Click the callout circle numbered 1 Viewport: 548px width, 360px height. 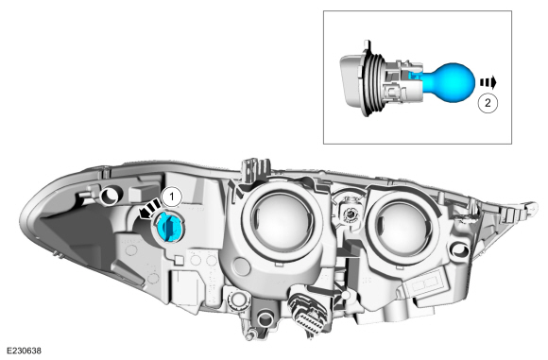(x=171, y=197)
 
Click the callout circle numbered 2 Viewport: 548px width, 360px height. (x=488, y=103)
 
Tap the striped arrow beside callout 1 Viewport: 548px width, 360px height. (x=149, y=209)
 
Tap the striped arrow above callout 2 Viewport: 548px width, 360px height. (x=488, y=83)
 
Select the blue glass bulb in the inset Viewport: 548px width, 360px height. (x=450, y=83)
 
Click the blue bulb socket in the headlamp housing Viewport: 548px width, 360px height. (x=168, y=226)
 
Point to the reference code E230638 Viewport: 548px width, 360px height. (x=24, y=351)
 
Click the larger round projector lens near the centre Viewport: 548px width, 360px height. (x=282, y=223)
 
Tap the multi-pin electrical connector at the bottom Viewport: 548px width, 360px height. (x=309, y=311)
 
